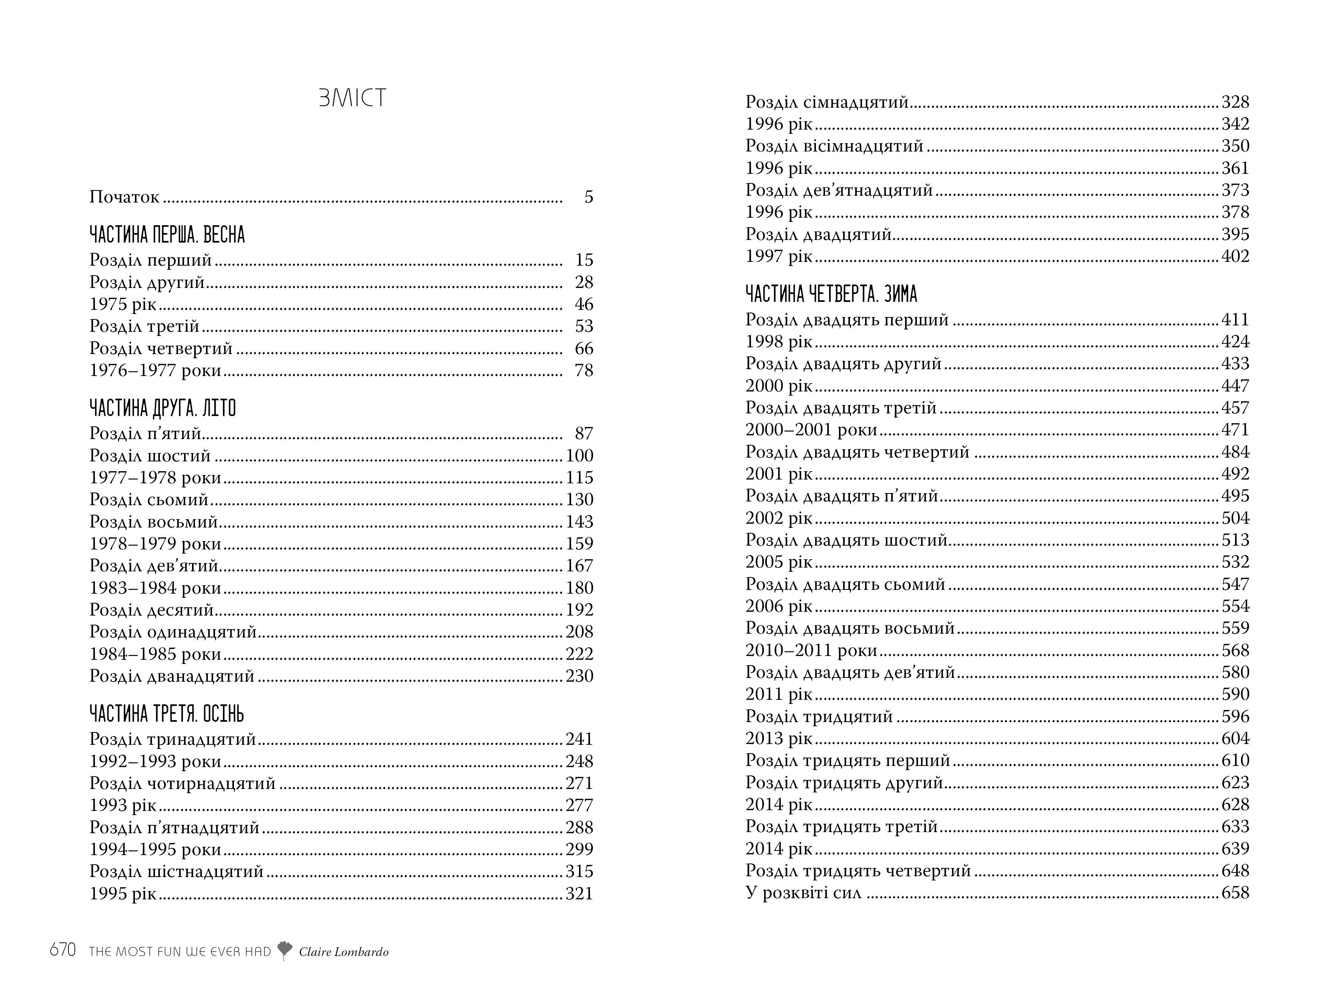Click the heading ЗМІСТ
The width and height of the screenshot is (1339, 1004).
[x=352, y=98]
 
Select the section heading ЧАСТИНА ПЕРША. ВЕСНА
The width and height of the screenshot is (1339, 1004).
[x=167, y=235]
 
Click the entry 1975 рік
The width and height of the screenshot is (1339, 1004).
[x=123, y=305]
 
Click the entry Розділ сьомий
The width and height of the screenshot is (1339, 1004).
[x=149, y=500]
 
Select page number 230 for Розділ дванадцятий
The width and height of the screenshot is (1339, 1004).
[x=579, y=676]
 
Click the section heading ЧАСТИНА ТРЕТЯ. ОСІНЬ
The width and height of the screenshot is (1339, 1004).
[x=166, y=714]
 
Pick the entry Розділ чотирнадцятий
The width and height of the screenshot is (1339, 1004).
[x=182, y=784]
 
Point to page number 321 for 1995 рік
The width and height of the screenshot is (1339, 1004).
[x=579, y=894]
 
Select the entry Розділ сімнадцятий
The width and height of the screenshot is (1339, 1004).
[x=827, y=102]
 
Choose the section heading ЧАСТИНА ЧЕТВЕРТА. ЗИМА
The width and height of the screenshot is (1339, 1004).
[x=831, y=295]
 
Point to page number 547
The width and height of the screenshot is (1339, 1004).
[x=1235, y=585]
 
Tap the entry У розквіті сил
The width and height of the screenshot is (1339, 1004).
[x=803, y=893]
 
